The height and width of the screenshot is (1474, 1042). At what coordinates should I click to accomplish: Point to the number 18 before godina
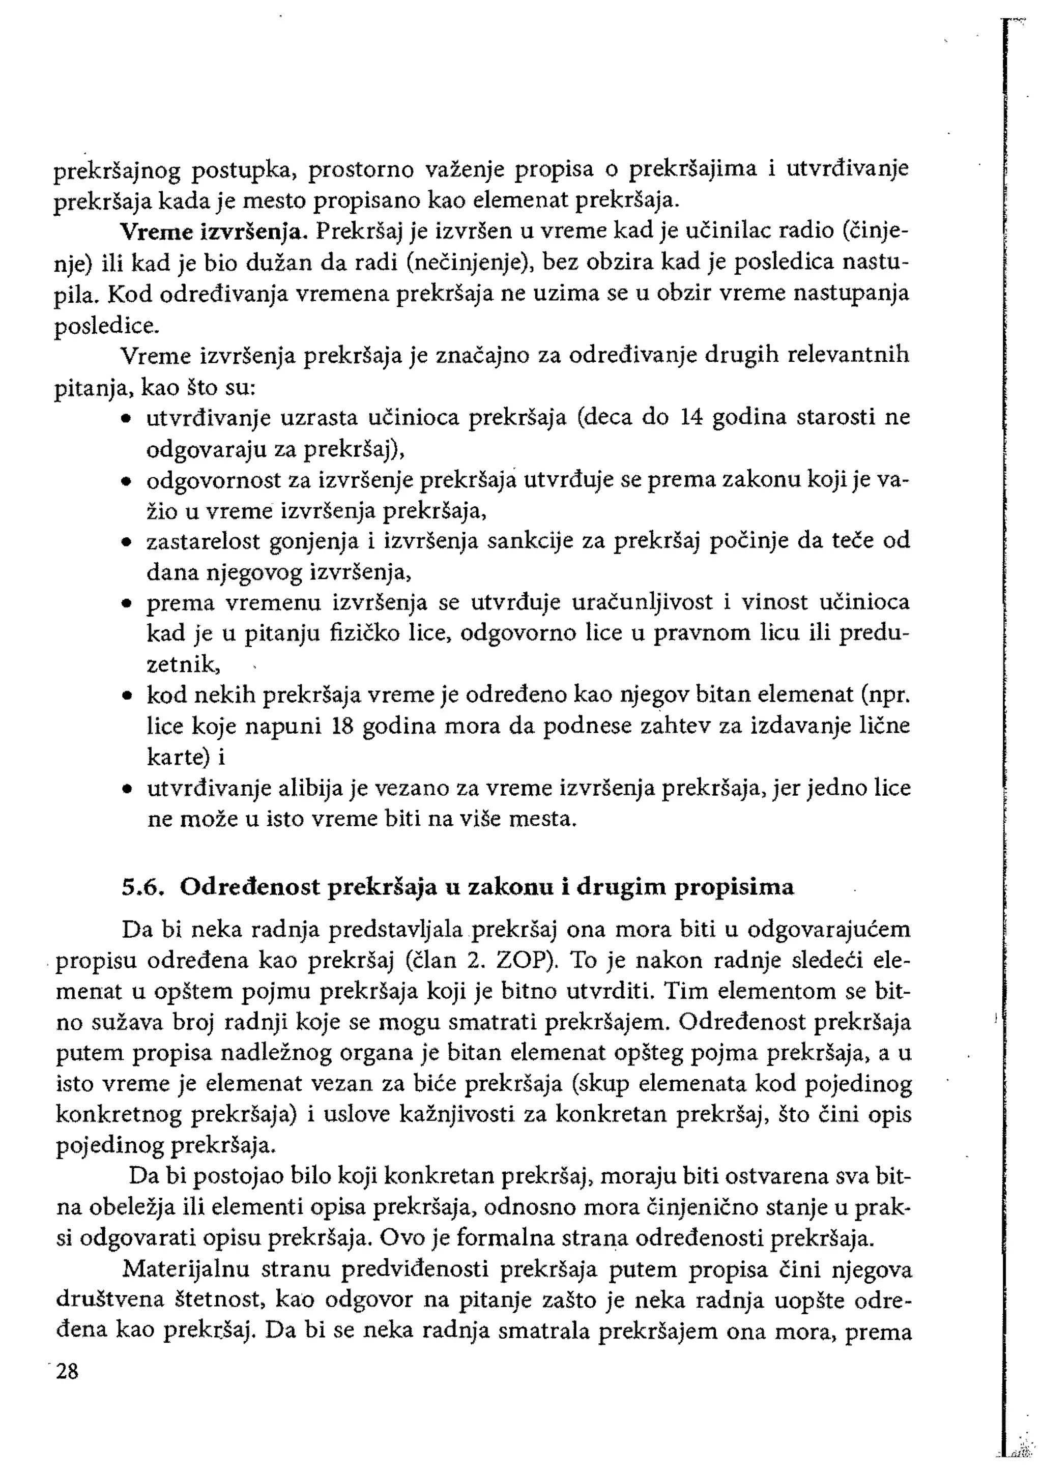click(343, 726)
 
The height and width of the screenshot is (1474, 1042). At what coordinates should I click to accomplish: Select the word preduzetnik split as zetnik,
click(184, 665)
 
